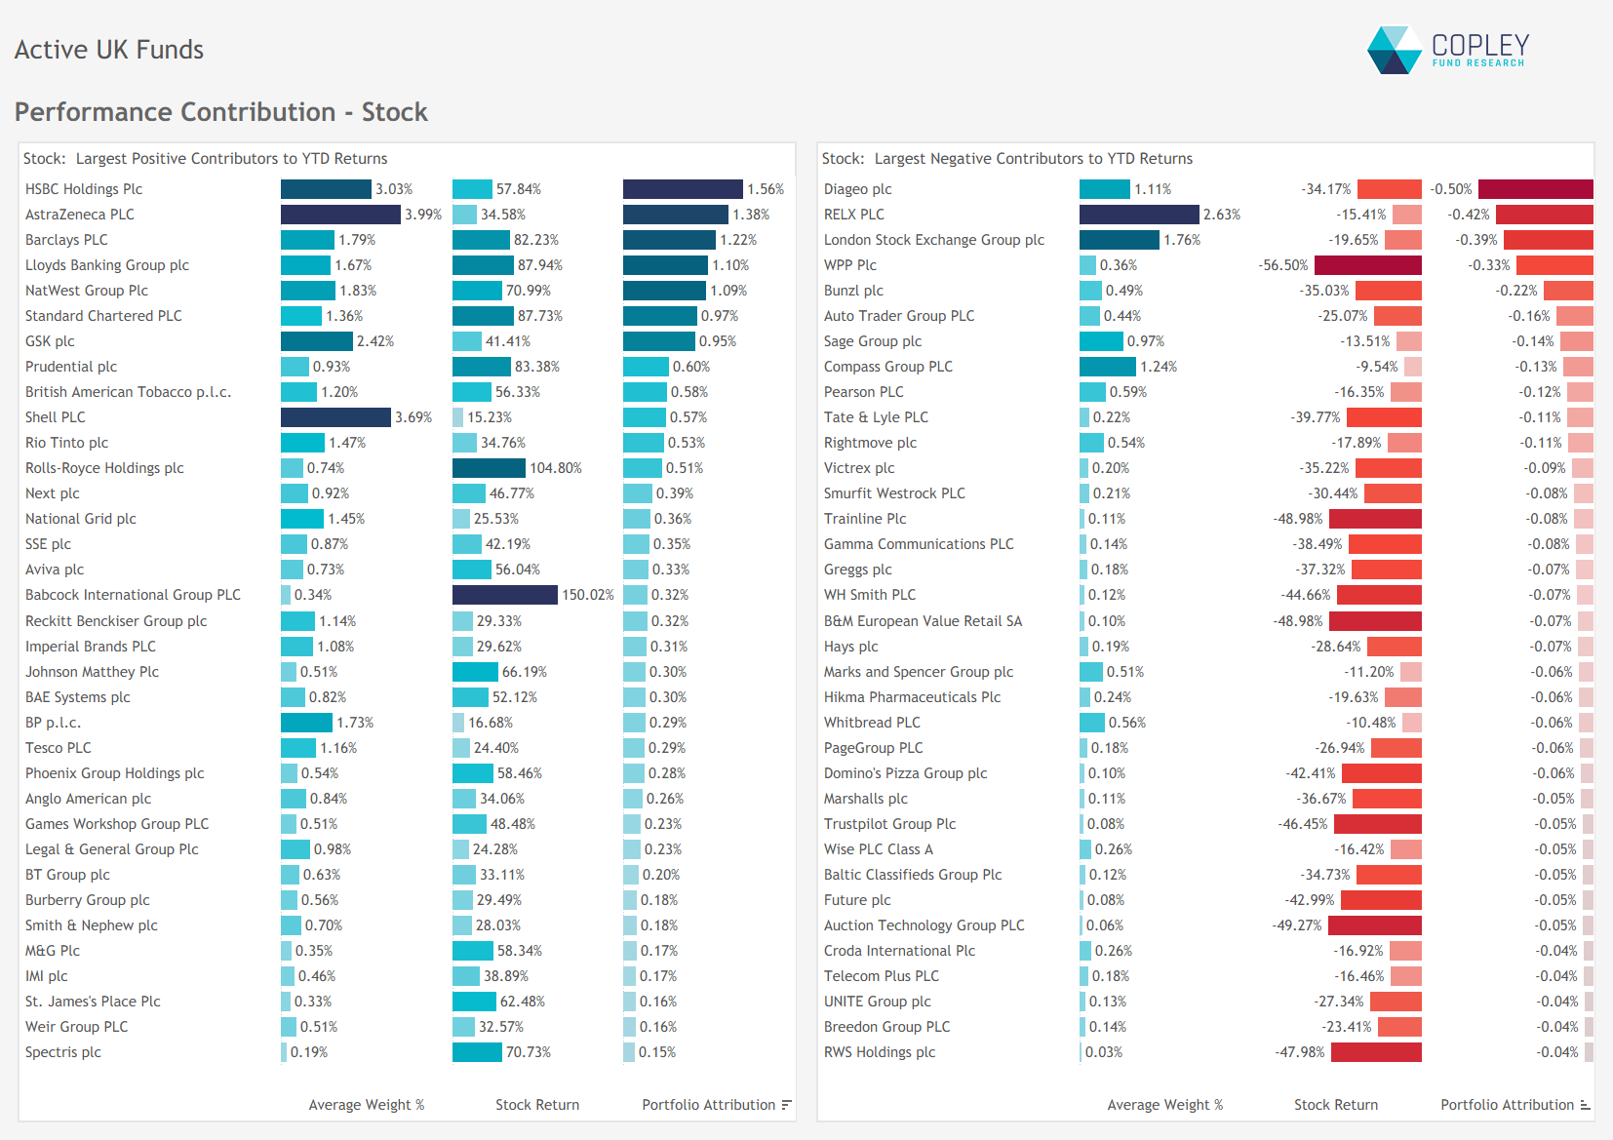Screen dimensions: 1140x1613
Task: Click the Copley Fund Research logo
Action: coord(1448,50)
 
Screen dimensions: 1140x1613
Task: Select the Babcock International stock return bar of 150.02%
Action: coord(504,595)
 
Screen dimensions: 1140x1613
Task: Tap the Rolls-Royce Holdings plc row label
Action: coord(104,468)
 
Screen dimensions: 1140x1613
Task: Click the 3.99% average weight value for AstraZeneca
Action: coord(423,215)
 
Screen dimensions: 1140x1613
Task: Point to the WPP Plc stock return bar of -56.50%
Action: coord(1367,265)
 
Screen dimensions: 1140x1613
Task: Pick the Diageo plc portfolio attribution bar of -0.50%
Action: coord(1535,189)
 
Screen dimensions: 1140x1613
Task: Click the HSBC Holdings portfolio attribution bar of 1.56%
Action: coord(683,189)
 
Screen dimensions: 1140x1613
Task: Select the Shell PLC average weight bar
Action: coord(335,417)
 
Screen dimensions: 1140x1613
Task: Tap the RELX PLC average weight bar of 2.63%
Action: coord(1138,215)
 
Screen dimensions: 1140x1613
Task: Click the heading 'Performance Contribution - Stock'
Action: coord(221,112)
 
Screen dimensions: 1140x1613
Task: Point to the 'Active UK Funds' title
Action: coord(109,50)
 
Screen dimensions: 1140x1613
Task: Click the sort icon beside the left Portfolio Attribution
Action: coord(786,1105)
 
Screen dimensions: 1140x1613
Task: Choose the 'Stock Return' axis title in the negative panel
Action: coord(1335,1105)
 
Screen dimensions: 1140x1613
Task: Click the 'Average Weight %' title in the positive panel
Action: coord(367,1105)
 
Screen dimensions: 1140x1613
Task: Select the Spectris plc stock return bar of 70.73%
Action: coord(477,1052)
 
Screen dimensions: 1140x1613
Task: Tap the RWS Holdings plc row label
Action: coord(880,1052)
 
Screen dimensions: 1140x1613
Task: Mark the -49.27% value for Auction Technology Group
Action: coord(1297,925)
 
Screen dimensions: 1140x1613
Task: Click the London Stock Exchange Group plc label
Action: coord(933,240)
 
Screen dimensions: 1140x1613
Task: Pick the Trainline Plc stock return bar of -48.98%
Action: coord(1375,519)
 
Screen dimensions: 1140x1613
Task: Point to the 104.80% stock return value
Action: coord(556,468)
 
